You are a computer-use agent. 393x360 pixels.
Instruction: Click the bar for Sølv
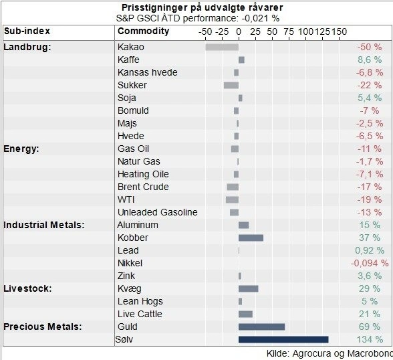[x=283, y=340]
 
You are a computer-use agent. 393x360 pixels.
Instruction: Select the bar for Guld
[x=261, y=327]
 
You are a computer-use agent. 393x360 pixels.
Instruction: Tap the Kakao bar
[x=222, y=47]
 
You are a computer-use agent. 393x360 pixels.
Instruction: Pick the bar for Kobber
[x=251, y=238]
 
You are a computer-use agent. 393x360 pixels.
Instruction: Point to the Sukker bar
[x=231, y=85]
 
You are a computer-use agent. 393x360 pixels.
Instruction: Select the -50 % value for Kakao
[x=369, y=48]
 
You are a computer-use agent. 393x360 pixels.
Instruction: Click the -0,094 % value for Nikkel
[x=369, y=264]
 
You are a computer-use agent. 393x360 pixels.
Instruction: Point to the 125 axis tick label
[x=322, y=31]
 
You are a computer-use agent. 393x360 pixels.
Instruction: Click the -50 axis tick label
[x=205, y=31]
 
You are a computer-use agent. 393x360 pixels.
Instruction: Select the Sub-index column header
[x=27, y=31]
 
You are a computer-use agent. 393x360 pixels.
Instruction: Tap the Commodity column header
[x=143, y=31]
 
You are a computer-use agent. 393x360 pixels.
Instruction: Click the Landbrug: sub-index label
[x=27, y=47]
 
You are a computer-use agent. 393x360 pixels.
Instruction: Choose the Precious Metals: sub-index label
[x=43, y=327]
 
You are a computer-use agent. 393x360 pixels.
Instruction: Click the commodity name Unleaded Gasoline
[x=157, y=213]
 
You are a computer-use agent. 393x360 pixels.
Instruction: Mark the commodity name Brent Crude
[x=143, y=187]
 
